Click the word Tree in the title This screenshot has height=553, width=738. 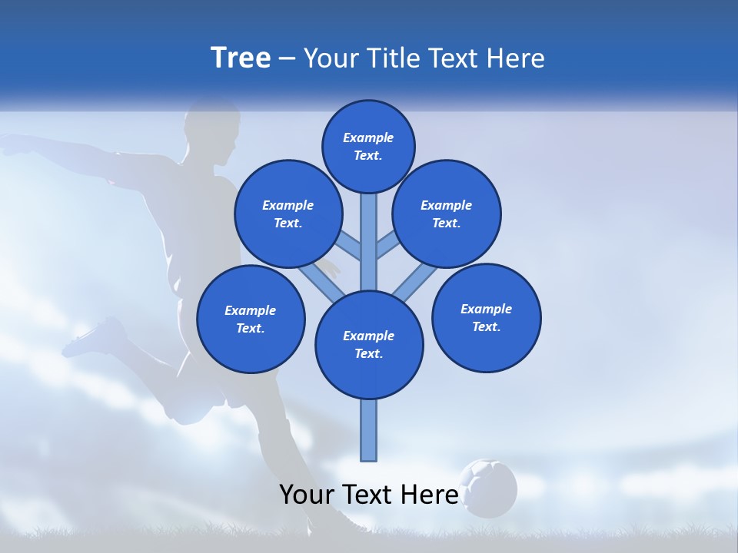[x=241, y=58]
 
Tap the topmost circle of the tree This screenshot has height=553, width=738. [x=368, y=146]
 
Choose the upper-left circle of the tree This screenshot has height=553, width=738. [x=288, y=214]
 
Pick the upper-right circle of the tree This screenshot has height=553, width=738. [x=446, y=214]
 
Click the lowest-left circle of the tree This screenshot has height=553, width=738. [x=251, y=319]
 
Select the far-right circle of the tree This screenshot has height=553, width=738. [x=486, y=317]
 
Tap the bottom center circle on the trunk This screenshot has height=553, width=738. [x=369, y=344]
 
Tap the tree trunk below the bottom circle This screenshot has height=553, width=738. [x=369, y=430]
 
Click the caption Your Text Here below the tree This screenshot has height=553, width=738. [x=369, y=495]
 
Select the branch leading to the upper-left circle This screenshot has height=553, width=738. [x=349, y=247]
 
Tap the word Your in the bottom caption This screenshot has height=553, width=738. [x=307, y=495]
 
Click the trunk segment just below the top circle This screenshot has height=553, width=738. [x=369, y=230]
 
